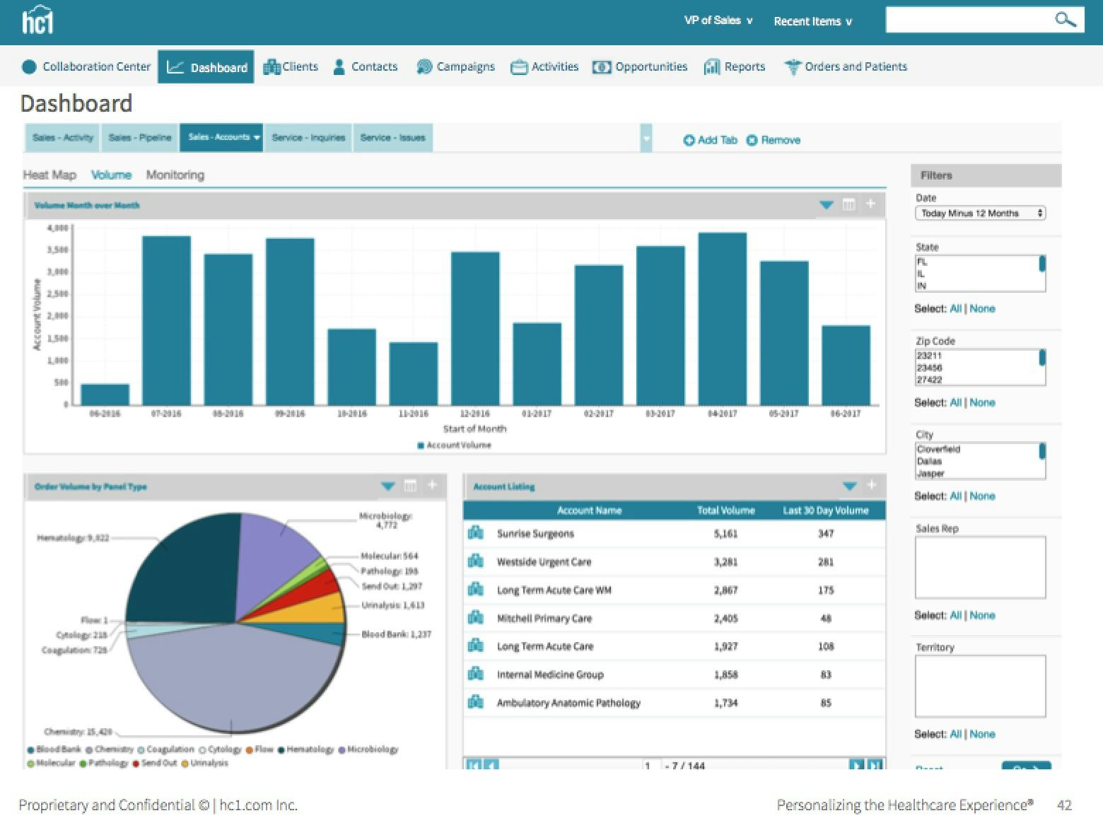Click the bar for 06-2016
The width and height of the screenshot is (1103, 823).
click(x=105, y=395)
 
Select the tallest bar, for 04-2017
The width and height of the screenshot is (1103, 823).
click(x=722, y=318)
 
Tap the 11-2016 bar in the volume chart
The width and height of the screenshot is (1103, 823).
click(x=414, y=373)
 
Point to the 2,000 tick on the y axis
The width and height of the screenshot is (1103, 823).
click(x=57, y=316)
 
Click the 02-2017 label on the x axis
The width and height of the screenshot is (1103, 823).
click(x=598, y=414)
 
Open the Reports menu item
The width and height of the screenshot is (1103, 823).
click(x=735, y=66)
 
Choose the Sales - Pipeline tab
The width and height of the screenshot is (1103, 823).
click(x=140, y=138)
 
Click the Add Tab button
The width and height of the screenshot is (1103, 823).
click(x=710, y=140)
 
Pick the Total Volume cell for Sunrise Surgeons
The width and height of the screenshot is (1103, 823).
click(x=725, y=534)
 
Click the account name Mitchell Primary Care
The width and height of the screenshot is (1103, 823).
click(x=544, y=618)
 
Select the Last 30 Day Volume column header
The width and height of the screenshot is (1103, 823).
click(x=825, y=510)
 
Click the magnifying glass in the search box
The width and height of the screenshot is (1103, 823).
click(x=1065, y=20)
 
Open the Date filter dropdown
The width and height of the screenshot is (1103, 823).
click(x=980, y=213)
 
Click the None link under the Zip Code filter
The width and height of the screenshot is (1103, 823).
click(x=982, y=402)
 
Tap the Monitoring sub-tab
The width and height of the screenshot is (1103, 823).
click(x=175, y=175)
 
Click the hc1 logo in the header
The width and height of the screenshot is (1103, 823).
click(x=37, y=21)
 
